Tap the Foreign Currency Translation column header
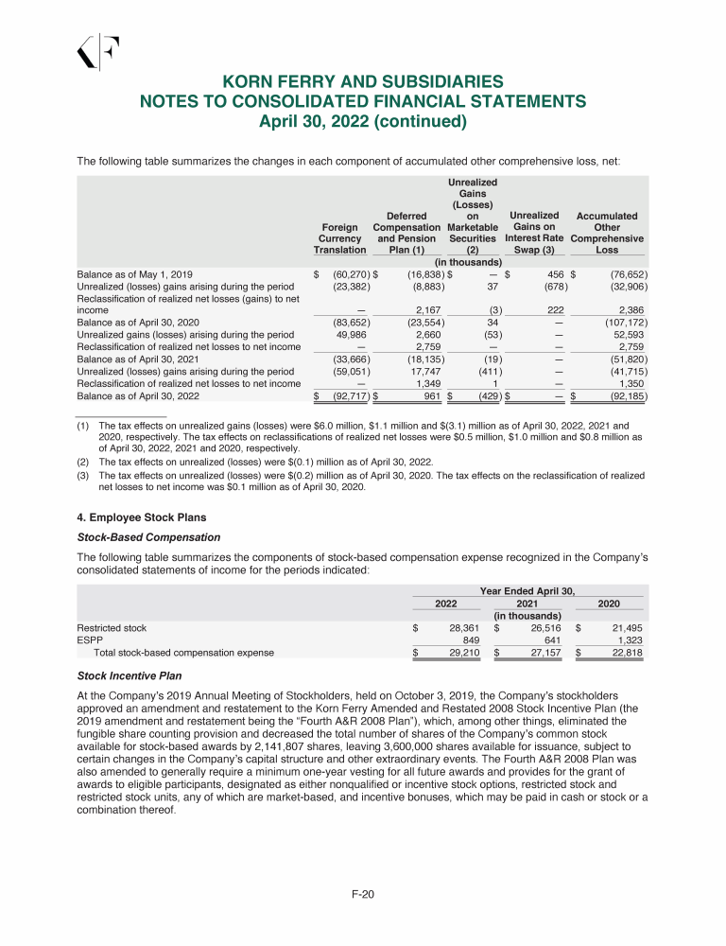click(x=339, y=238)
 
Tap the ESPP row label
click(x=88, y=639)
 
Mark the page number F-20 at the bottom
click(x=363, y=892)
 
